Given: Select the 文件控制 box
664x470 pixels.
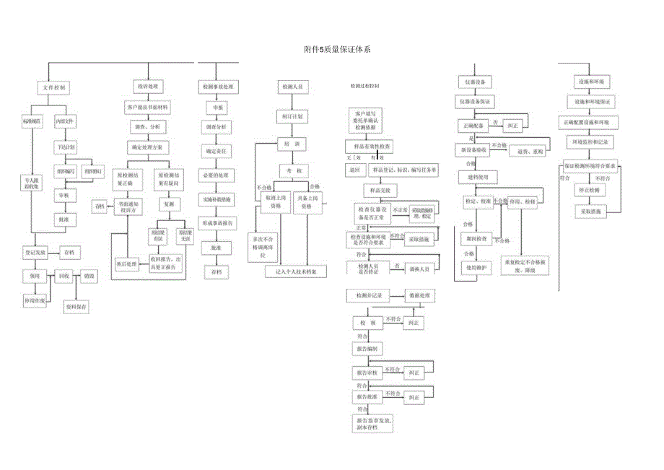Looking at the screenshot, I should [x=54, y=87].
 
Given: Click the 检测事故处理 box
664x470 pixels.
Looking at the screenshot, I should [x=218, y=87].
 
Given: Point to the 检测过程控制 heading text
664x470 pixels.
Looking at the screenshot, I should [x=364, y=86].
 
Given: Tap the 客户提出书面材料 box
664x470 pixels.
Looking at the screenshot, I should [x=148, y=107].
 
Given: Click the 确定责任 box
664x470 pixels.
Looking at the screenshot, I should [x=216, y=152].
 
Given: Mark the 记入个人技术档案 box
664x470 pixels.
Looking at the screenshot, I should [x=296, y=271].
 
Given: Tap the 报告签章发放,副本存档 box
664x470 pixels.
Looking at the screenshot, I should [x=372, y=423].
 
